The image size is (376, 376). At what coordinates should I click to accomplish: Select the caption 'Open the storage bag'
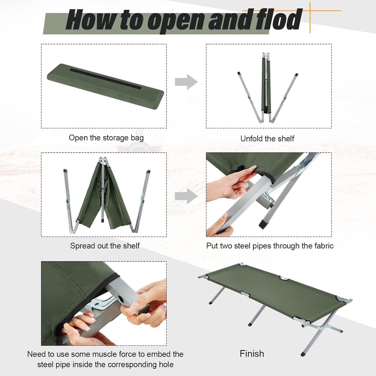point(106,138)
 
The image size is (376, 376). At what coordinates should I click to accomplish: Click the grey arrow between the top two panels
point(186,82)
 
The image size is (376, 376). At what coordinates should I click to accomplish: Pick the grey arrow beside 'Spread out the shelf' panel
point(186,196)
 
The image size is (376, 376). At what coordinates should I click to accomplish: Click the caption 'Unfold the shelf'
point(267,138)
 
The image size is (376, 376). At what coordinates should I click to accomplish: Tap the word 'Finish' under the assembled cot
point(252,354)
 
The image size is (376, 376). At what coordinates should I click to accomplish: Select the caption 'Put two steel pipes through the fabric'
point(270,246)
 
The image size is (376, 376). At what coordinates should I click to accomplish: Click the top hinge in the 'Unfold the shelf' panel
point(266,55)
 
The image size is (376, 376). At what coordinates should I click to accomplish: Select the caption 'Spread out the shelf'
point(105,246)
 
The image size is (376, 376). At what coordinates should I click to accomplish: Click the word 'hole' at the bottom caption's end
point(166,364)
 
